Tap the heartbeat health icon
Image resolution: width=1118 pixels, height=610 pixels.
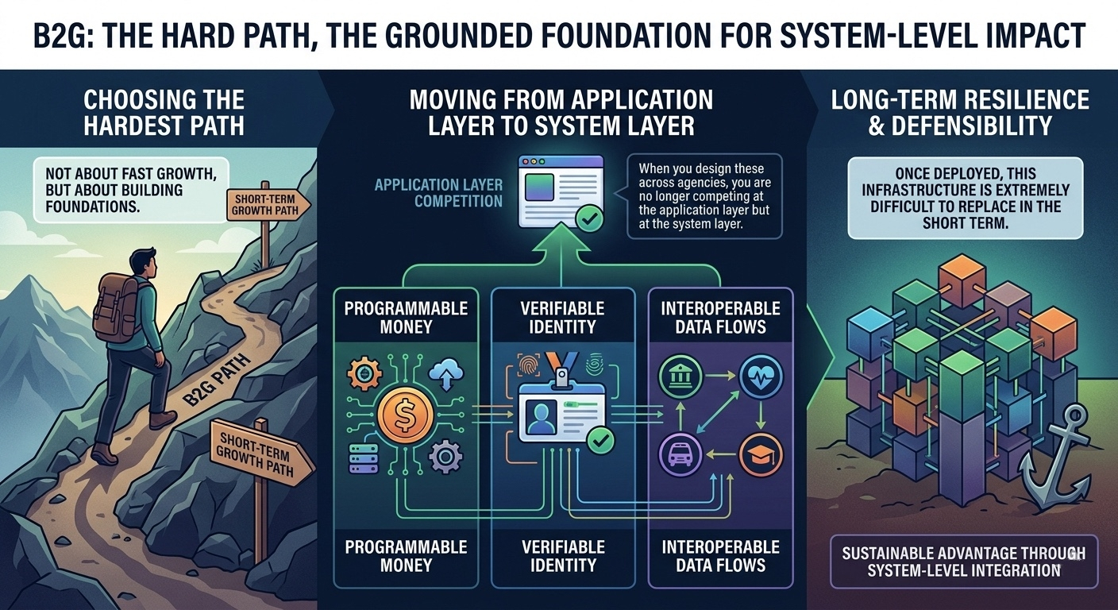click(x=760, y=377)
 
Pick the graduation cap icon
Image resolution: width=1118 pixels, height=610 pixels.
click(x=761, y=455)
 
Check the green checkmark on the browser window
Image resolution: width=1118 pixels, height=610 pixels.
click(x=588, y=217)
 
